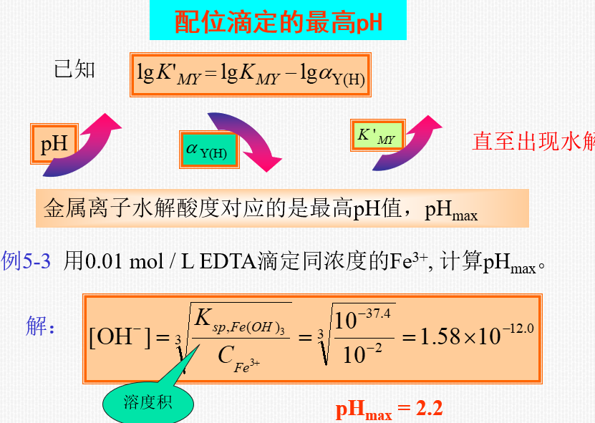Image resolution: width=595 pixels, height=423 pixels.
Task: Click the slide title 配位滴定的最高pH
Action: click(278, 21)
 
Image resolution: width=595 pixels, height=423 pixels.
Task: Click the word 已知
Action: click(74, 70)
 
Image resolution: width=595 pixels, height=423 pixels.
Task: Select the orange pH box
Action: click(54, 144)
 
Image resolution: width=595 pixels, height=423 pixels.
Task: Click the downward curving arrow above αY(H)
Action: click(243, 140)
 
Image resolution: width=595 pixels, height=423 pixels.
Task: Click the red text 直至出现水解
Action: click(533, 141)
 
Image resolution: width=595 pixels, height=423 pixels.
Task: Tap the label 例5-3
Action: click(26, 261)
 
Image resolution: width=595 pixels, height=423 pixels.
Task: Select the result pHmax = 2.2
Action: click(389, 409)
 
